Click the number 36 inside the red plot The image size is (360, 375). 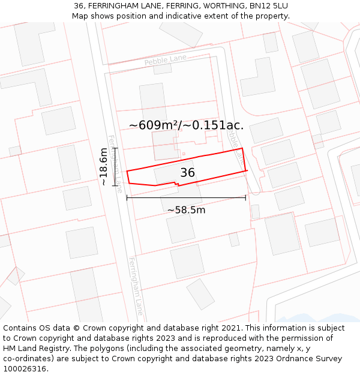(187, 173)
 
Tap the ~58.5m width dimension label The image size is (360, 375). (186, 210)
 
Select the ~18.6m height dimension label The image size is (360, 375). (104, 166)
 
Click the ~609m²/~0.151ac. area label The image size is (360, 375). (186, 125)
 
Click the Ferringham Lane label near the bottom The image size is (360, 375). (136, 286)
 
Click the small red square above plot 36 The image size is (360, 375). (184, 154)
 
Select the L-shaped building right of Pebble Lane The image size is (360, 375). (257, 77)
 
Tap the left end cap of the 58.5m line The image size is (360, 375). (127, 197)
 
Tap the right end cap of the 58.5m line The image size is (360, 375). (245, 197)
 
